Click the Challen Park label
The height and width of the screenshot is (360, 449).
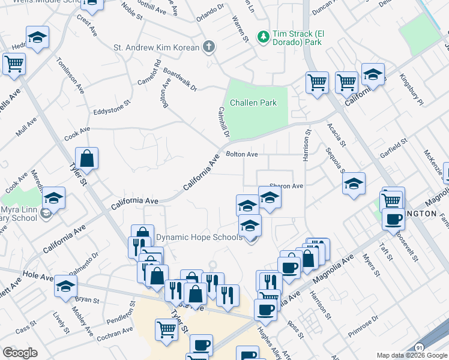253,103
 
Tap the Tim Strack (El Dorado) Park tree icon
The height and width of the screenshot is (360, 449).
263,37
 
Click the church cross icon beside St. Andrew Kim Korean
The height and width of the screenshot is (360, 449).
208,47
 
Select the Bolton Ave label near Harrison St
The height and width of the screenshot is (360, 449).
241,154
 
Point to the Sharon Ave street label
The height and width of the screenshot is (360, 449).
286,186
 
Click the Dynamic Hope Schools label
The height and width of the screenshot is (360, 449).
199,237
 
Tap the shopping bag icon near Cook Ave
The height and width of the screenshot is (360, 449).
87,160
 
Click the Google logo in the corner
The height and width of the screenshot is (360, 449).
20,352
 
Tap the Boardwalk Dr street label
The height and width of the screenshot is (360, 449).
179,79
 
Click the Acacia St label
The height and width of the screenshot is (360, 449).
336,134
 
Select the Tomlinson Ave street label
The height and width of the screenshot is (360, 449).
70,76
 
